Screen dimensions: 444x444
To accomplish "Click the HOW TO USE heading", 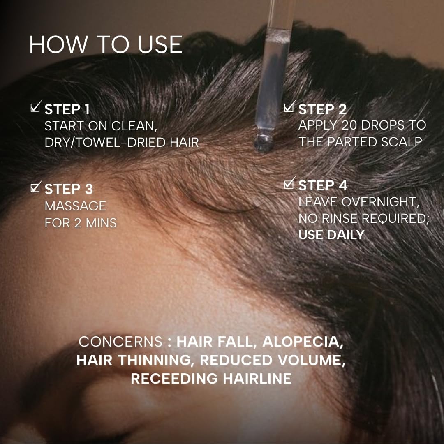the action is (106, 44).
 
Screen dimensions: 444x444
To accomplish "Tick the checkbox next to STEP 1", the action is (35, 107).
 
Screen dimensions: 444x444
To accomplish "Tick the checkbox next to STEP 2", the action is (289, 107).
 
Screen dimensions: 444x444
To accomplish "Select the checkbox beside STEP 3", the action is (35, 187).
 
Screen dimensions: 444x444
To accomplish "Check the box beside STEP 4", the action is (289, 184).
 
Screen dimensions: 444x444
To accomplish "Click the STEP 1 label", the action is (67, 110).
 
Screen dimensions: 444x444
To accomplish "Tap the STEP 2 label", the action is (323, 110).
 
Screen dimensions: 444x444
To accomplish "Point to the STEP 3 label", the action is (69, 189).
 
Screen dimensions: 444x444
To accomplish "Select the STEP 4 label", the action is (323, 185).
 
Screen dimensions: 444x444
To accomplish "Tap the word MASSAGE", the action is (75, 206).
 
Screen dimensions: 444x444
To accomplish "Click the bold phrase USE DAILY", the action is (331, 235).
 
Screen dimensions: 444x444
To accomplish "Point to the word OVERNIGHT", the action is (380, 202).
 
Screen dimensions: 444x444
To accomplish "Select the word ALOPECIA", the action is (303, 342).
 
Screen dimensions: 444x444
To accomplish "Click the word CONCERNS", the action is (120, 342).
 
